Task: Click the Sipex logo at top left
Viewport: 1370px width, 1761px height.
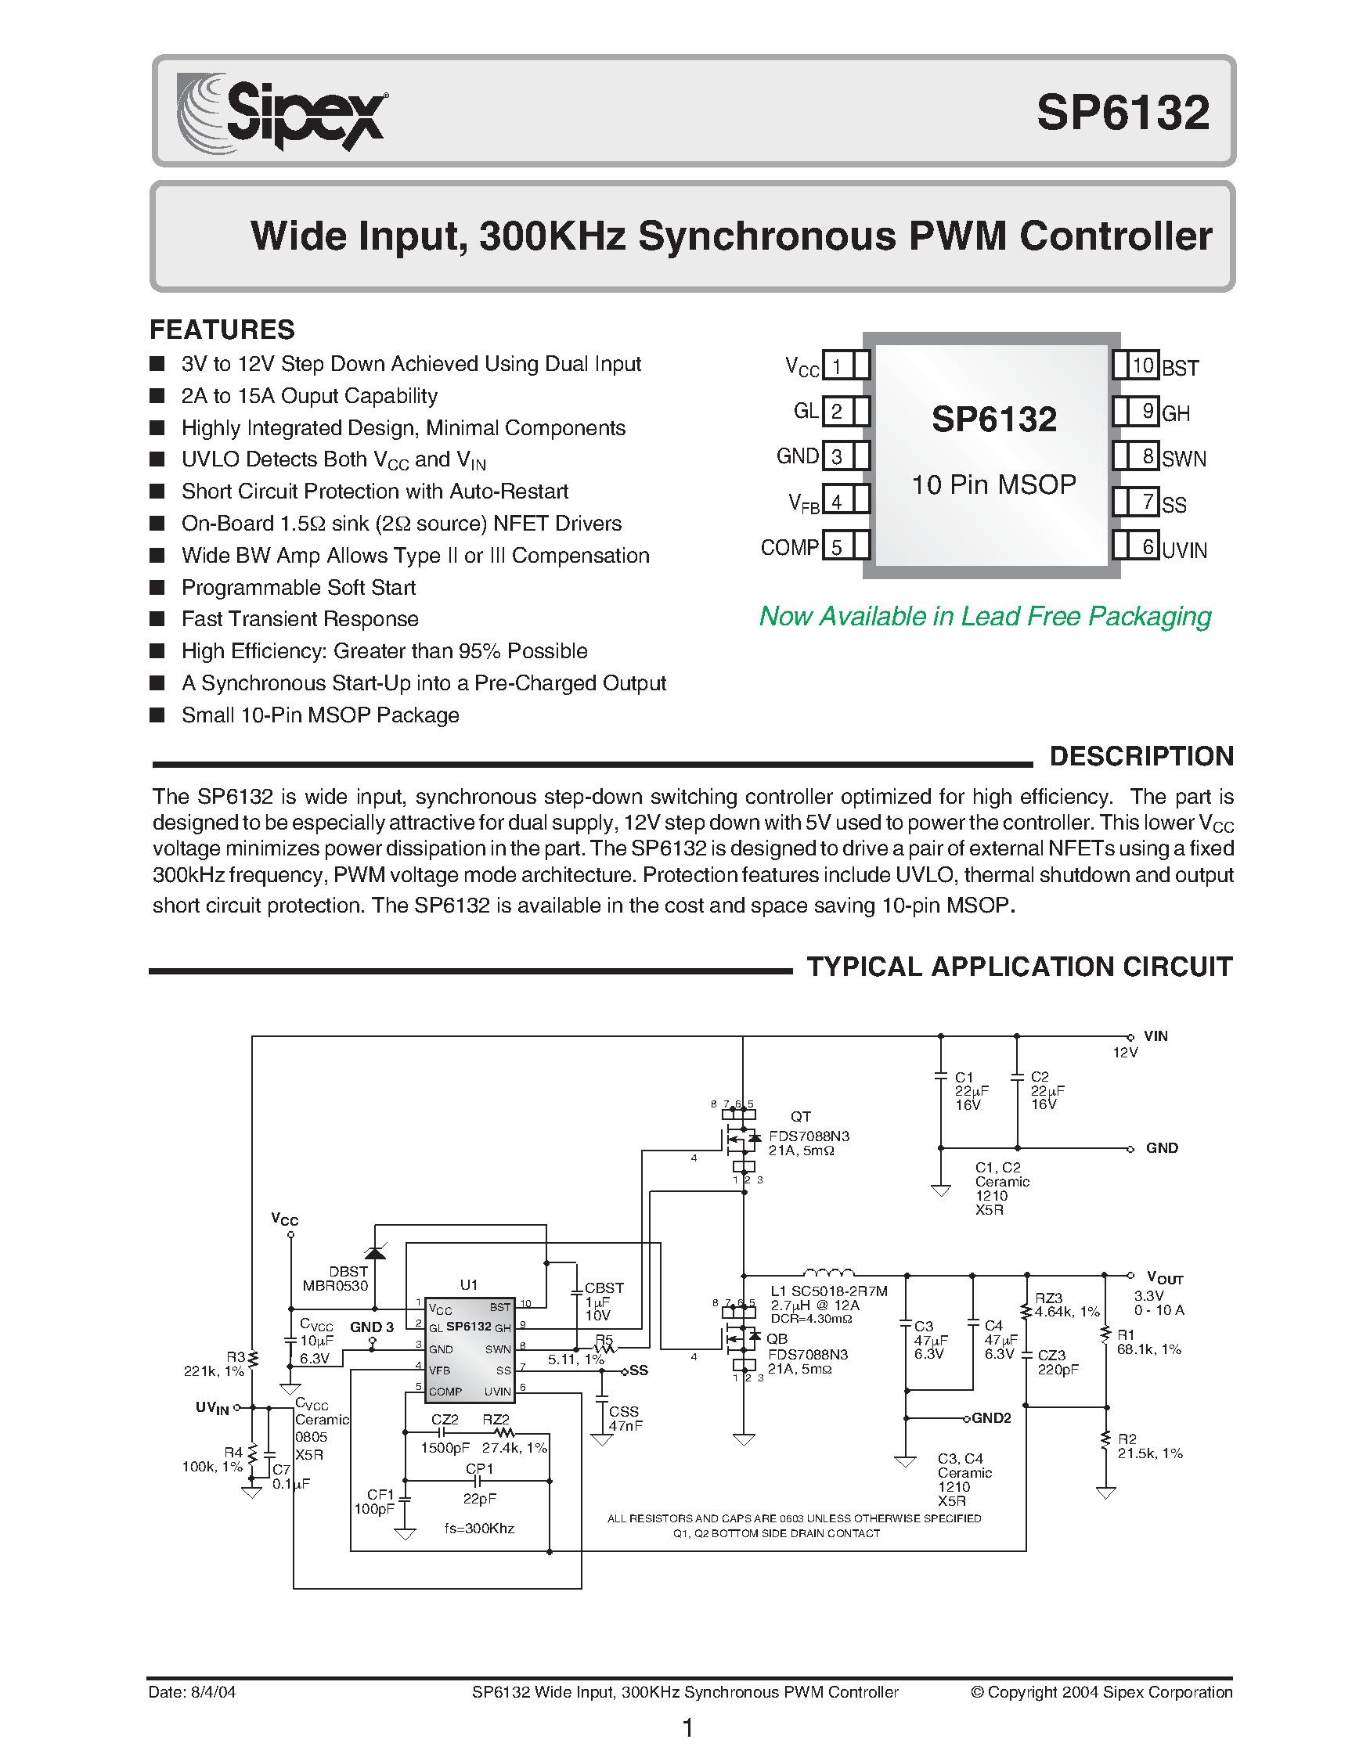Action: [x=283, y=112]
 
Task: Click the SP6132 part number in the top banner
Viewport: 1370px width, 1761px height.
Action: [x=1123, y=112]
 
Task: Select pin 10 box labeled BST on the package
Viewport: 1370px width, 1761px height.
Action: [x=1143, y=366]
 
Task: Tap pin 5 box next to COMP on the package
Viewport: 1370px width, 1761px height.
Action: [x=838, y=548]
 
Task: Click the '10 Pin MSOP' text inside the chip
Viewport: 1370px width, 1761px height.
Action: [x=993, y=484]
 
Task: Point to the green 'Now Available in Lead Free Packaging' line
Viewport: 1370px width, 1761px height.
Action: [x=985, y=616]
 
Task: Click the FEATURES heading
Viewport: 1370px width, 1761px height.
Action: [x=222, y=329]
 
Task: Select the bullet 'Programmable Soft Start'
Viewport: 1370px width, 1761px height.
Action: [x=298, y=587]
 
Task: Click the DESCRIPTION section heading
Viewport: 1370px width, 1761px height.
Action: [x=1141, y=756]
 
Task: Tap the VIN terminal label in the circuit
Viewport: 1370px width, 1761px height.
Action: [x=1155, y=1036]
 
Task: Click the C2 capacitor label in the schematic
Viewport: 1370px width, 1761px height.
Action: [x=1040, y=1076]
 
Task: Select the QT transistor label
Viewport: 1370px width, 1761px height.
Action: [x=800, y=1116]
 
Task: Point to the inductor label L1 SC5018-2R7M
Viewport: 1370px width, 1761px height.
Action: [x=829, y=1291]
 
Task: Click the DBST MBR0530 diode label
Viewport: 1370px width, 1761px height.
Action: [x=337, y=1279]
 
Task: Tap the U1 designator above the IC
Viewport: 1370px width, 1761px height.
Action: [x=468, y=1284]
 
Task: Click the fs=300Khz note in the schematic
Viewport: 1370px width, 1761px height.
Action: [x=479, y=1528]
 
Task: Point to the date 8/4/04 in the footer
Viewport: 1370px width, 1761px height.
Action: [x=192, y=1691]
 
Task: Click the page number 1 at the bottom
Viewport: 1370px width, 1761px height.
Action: [x=688, y=1728]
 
